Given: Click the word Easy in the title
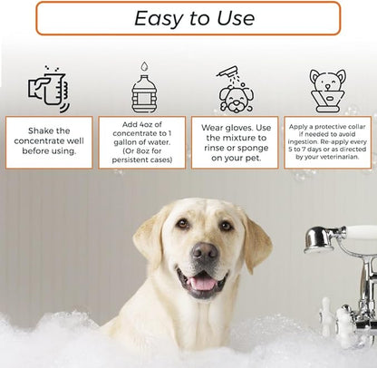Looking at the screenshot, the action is coord(159,18).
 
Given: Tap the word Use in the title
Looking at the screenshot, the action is coord(236,18).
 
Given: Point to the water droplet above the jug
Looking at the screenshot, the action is coord(145,66).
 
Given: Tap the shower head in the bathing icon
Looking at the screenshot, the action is coord(227,72).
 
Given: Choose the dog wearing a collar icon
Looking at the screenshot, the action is coord(328,91).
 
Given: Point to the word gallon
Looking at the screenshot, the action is coord(124,142).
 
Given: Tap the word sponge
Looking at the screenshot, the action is coord(253,149).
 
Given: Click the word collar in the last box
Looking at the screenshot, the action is coord(356,127).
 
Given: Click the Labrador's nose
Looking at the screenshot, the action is coord(206,251).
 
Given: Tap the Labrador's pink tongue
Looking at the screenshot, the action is coord(203,284).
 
